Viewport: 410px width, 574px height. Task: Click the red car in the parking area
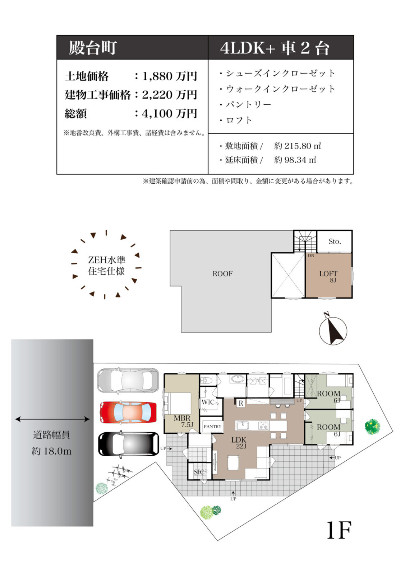click(128, 412)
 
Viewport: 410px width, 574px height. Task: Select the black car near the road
click(128, 444)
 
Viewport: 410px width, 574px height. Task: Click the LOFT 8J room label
click(328, 276)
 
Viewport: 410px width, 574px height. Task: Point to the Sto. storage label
click(335, 241)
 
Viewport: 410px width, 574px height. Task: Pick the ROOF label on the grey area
click(222, 274)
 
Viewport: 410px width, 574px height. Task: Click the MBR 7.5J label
click(183, 421)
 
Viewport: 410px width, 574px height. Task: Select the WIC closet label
click(208, 402)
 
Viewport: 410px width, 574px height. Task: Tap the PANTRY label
click(212, 426)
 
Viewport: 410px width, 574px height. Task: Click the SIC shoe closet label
click(199, 472)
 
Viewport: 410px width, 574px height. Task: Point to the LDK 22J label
click(239, 442)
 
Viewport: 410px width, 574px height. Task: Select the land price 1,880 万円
click(170, 76)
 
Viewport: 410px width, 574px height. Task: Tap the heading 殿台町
click(93, 48)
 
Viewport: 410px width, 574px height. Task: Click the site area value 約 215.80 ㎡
click(297, 146)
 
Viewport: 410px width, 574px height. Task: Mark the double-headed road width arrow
click(52, 419)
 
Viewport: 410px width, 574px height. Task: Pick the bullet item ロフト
click(239, 120)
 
